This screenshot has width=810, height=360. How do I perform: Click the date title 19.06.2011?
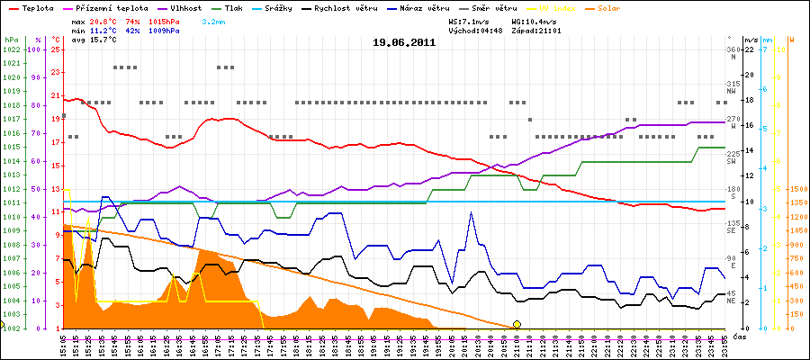click(404, 41)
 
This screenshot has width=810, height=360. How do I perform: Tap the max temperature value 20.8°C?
click(104, 20)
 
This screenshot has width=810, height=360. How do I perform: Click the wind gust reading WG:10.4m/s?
click(538, 20)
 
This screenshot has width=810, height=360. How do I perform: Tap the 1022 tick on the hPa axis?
click(12, 49)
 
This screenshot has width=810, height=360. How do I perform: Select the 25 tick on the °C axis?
click(56, 49)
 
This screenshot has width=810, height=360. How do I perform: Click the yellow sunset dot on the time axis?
click(517, 324)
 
